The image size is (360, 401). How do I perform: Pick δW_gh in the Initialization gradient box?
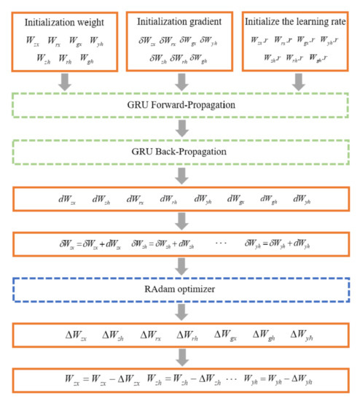[209, 58]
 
